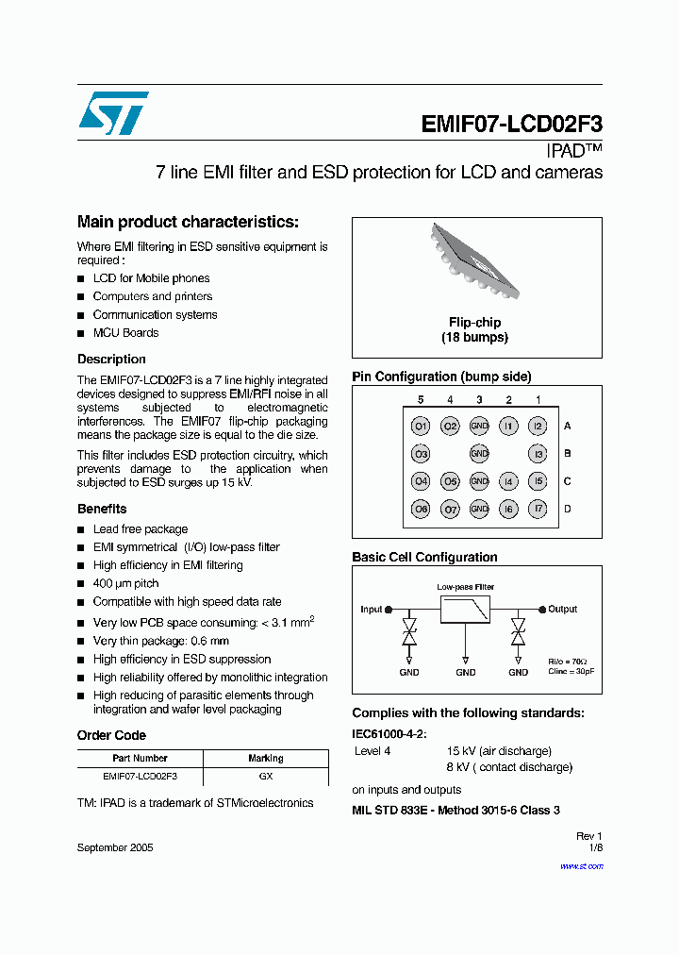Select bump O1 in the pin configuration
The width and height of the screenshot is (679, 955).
(x=421, y=427)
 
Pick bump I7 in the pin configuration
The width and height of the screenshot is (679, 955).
(x=538, y=510)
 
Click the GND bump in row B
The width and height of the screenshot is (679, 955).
(x=479, y=454)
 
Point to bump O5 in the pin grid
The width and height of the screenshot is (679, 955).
(x=450, y=482)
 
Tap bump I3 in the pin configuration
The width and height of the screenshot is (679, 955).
(x=538, y=454)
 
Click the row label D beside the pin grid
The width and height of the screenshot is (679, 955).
(x=567, y=510)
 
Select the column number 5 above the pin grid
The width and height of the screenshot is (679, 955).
(x=421, y=400)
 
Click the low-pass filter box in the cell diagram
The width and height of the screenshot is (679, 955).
(x=465, y=609)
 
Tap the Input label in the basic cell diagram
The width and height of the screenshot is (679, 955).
(x=372, y=610)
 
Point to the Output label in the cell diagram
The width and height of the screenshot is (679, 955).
(x=562, y=610)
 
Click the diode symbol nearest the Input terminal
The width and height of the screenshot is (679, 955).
(x=409, y=632)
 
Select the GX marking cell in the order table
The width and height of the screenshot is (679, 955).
(x=266, y=777)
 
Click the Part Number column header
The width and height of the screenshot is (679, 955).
(x=140, y=758)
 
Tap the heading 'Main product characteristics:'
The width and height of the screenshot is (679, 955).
(x=188, y=222)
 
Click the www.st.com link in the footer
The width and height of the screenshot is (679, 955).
(x=581, y=865)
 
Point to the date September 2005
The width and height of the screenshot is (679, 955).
(x=115, y=847)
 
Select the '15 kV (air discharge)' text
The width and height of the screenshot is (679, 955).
(x=499, y=751)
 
